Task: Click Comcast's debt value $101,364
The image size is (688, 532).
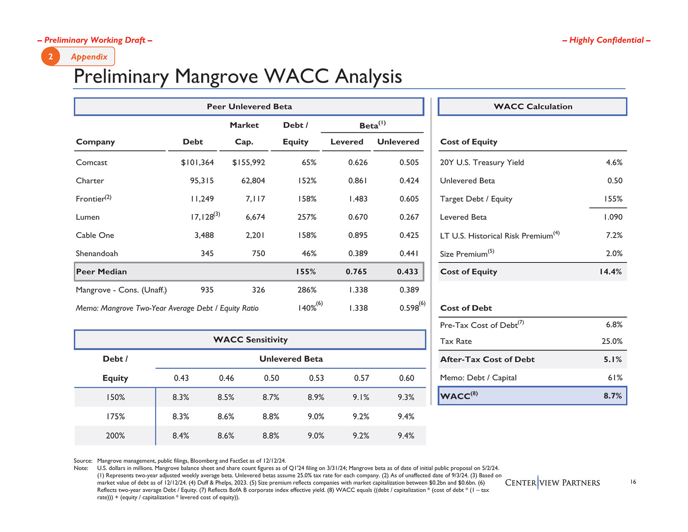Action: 197,162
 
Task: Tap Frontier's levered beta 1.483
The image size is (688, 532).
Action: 358,199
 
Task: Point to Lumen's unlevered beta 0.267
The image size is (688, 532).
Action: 409,217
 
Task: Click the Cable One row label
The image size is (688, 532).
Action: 95,235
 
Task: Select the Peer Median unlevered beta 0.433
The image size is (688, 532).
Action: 407,272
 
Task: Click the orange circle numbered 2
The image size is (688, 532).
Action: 51,57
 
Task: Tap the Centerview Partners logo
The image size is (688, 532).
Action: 552,483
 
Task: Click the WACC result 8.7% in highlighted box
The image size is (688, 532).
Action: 613,396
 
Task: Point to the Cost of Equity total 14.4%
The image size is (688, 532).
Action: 610,272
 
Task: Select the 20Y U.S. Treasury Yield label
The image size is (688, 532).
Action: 482,162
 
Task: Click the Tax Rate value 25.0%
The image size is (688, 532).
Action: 612,341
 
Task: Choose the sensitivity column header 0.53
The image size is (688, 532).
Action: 316,378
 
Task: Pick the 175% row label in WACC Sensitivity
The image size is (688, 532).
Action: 116,416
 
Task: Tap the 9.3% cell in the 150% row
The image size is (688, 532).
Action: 406,397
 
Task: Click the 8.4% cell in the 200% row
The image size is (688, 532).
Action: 181,436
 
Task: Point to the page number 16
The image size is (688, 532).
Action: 633,482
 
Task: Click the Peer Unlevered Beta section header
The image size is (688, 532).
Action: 249,107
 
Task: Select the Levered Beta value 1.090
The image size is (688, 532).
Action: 613,217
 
